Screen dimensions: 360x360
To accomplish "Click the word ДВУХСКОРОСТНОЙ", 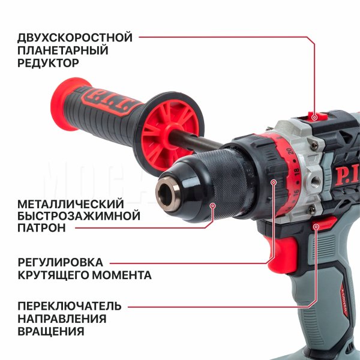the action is (75, 37).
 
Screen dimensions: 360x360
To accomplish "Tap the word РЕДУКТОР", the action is (48, 63).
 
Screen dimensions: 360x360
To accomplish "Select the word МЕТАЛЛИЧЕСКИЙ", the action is (71, 204).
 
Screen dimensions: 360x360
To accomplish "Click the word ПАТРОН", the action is (41, 228).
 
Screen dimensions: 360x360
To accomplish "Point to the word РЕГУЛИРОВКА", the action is (61, 262).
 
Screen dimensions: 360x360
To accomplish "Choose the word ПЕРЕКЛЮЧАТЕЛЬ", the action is (70, 306).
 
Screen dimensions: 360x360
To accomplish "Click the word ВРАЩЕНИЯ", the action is (51, 331).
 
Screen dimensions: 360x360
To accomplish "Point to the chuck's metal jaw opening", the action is (168, 191).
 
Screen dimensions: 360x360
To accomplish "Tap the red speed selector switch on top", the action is (318, 116).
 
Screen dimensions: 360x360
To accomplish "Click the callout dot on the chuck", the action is (213, 205).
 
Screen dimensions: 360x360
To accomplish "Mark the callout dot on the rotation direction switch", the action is (316, 227).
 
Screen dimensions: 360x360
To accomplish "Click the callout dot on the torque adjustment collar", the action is (273, 182).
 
